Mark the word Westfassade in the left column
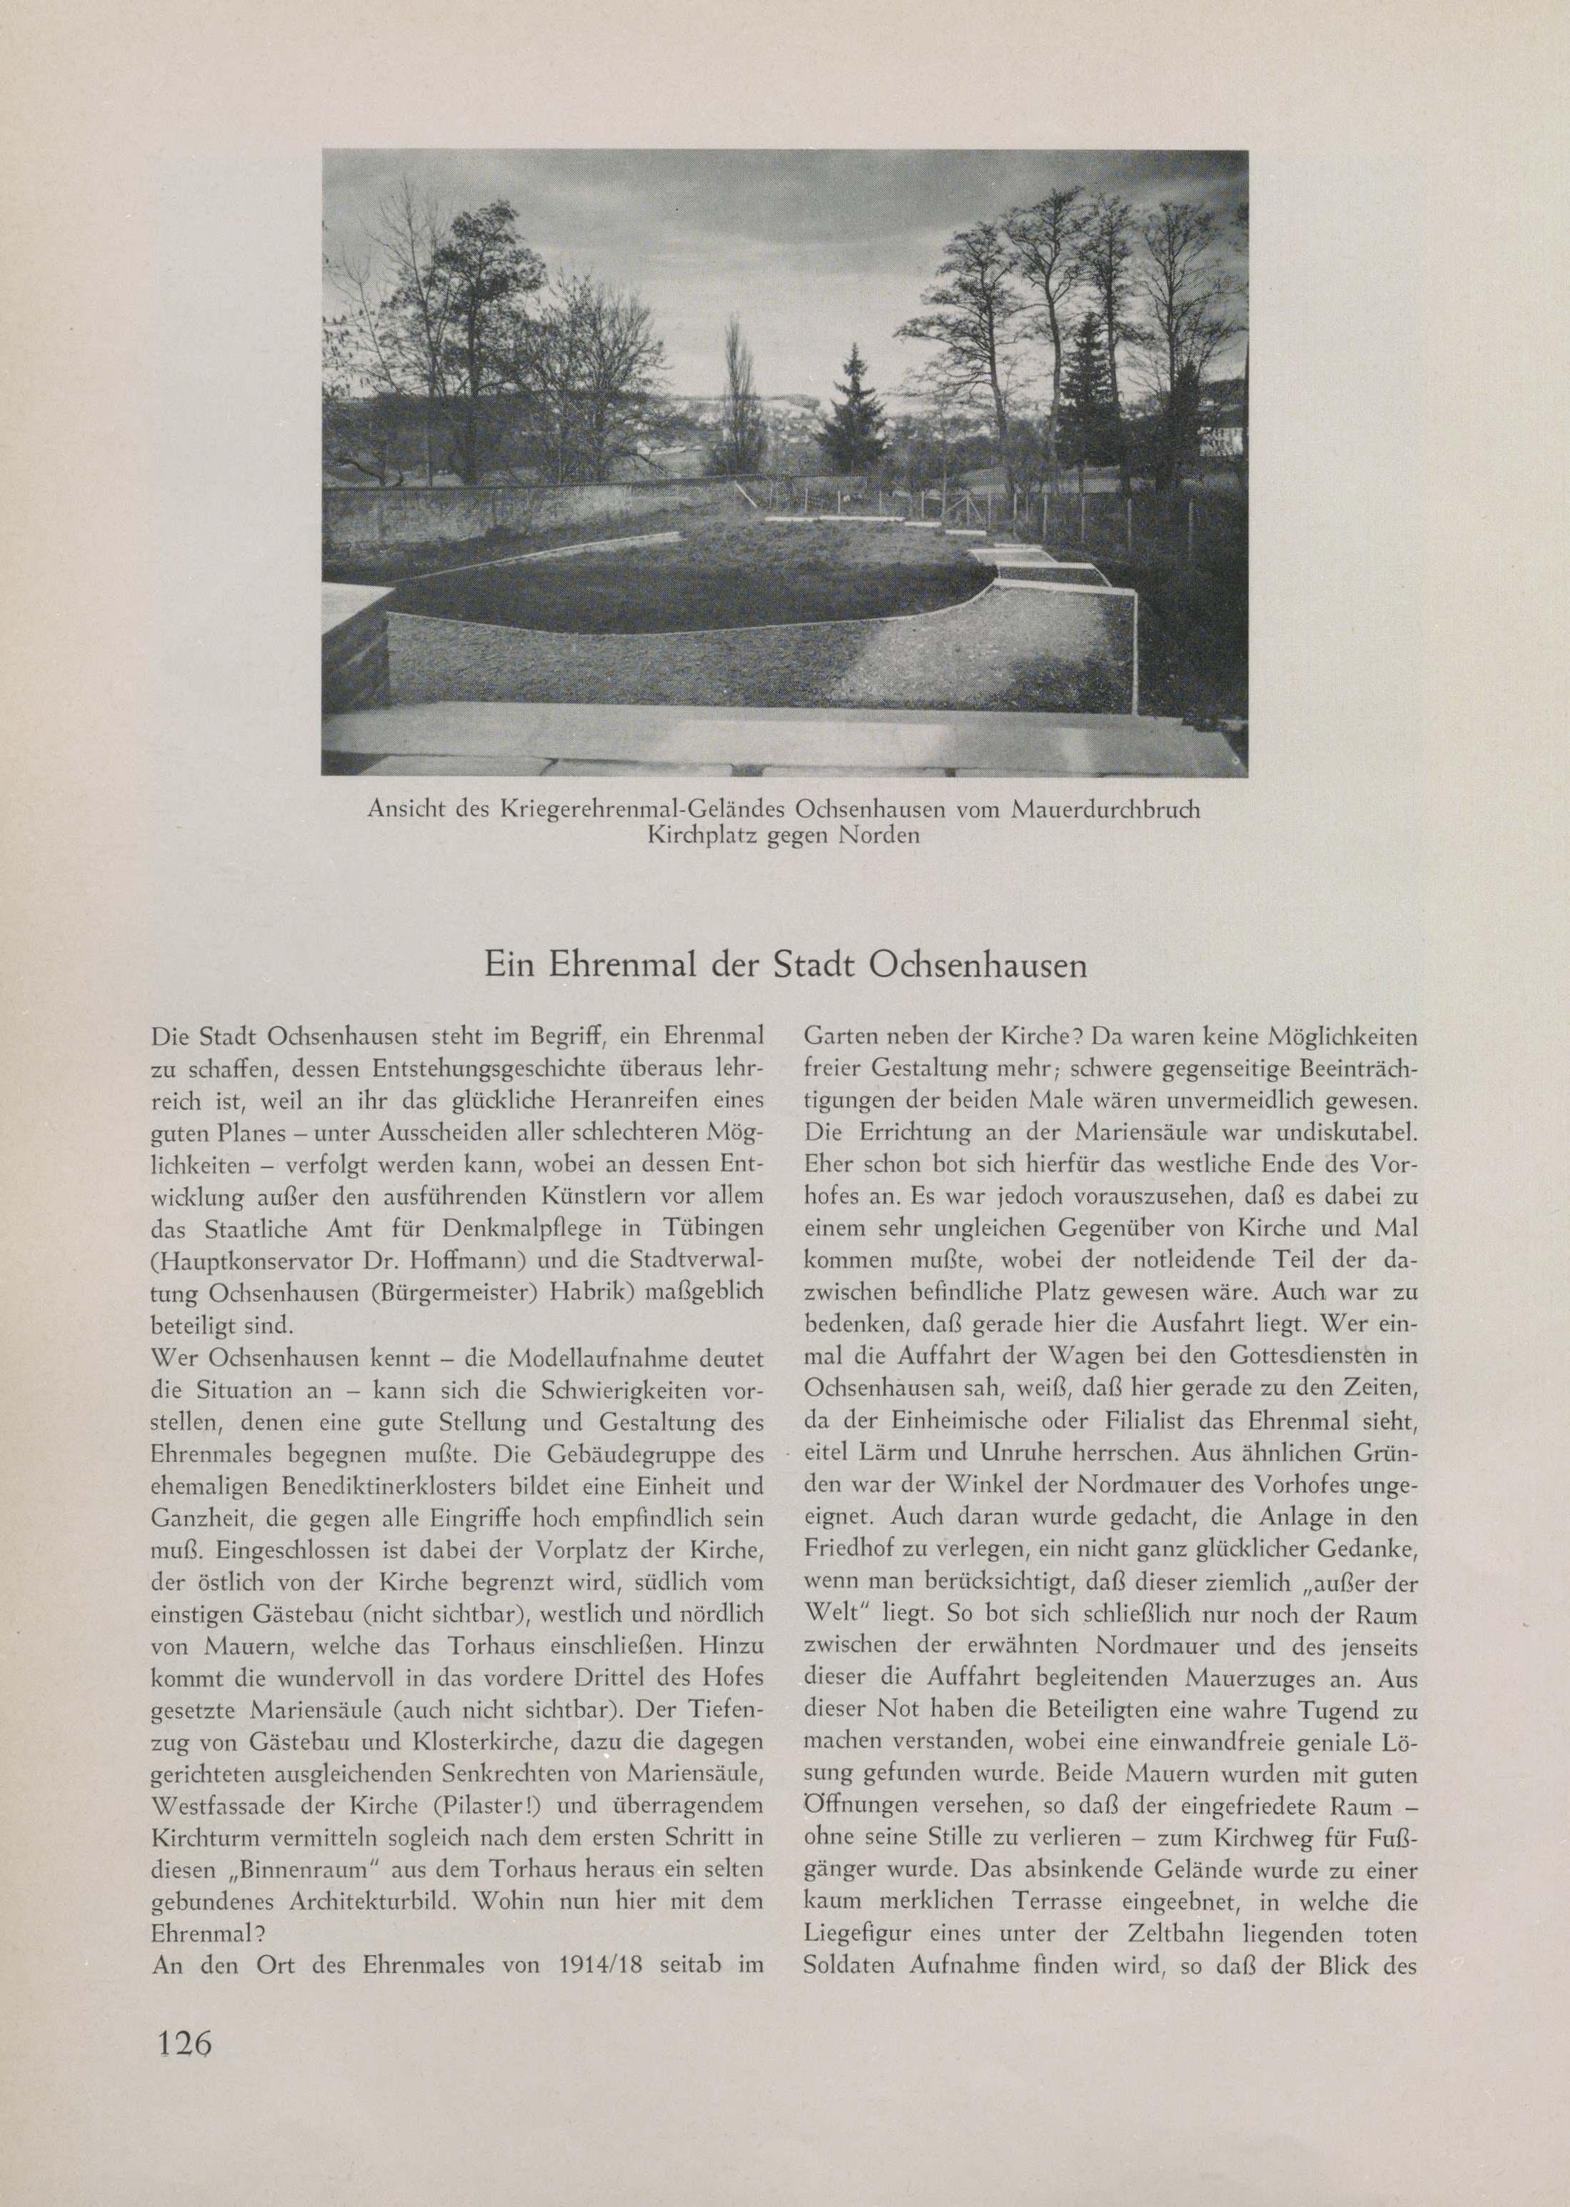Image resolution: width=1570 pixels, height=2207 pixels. (213, 1804)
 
